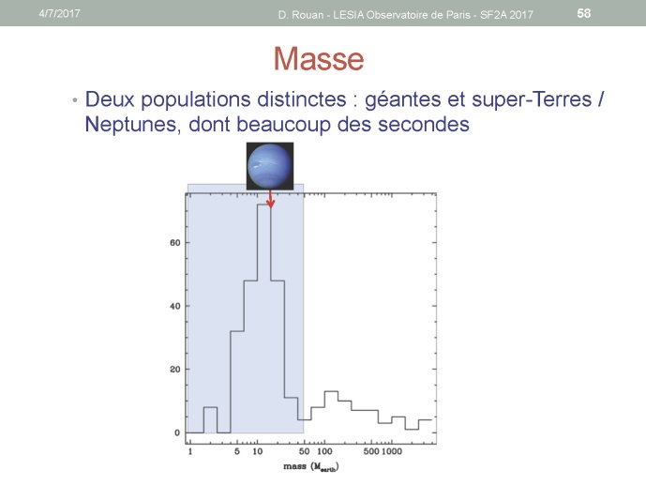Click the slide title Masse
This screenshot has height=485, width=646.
point(319,58)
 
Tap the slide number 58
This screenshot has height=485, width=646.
point(584,13)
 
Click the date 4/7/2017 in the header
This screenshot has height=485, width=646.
point(59,13)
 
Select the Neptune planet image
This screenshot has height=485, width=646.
point(270,166)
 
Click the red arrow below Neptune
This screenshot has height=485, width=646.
point(270,199)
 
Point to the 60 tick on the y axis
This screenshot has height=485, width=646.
point(175,243)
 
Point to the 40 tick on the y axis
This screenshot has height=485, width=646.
point(175,306)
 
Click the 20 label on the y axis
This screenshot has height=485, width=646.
point(175,370)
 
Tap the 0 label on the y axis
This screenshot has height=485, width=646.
point(177,432)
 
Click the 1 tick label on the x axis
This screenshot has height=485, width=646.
point(190,451)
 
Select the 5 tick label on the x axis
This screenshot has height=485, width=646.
point(237,451)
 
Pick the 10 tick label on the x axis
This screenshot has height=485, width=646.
point(258,451)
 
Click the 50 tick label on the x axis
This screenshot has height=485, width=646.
point(304,451)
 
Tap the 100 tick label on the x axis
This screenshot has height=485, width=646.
point(324,451)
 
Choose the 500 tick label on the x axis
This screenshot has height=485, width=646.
point(371,451)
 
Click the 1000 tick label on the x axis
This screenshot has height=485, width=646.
point(391,451)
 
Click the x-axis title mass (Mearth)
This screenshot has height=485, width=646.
point(311,467)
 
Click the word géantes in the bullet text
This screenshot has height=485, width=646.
point(402,99)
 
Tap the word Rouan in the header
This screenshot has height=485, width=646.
point(307,15)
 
